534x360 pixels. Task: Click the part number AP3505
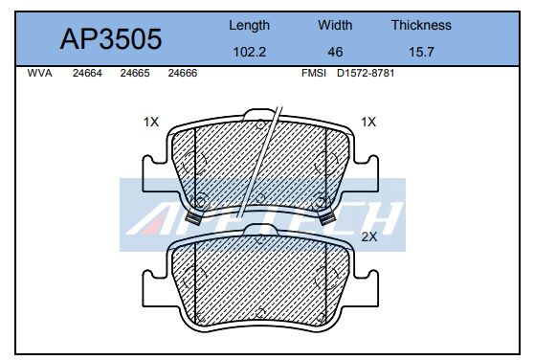pos(112,38)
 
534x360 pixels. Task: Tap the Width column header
pos(335,26)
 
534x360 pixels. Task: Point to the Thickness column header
pos(420,26)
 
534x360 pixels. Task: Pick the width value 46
pos(335,53)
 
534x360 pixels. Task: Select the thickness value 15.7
pos(420,53)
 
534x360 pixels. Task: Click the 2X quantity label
pos(368,234)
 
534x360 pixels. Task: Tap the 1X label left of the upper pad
pos(150,123)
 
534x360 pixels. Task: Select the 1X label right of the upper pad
pos(368,123)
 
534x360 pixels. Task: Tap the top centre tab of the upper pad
pos(258,120)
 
